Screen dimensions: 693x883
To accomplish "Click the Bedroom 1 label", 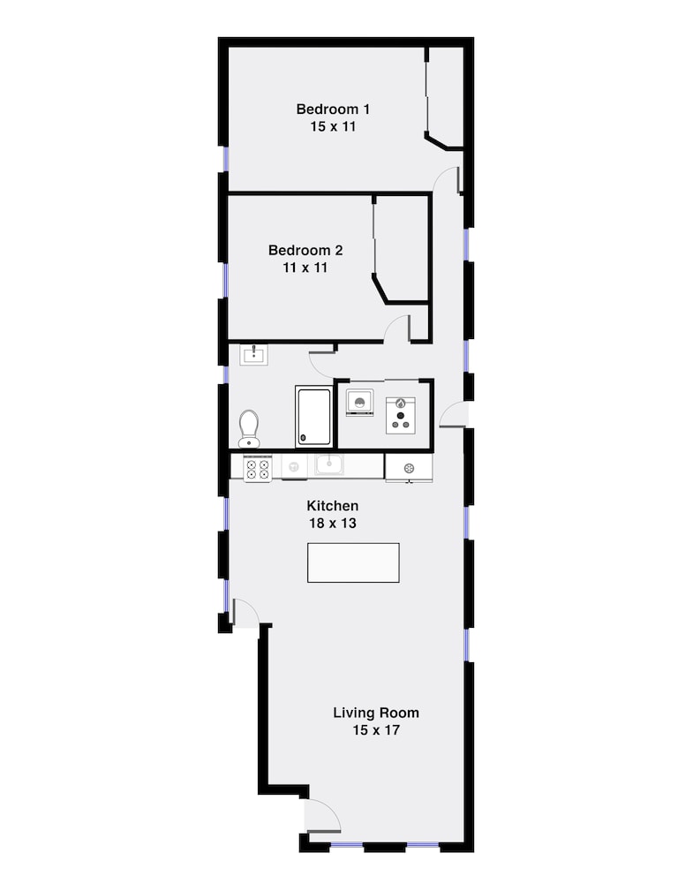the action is tap(333, 109).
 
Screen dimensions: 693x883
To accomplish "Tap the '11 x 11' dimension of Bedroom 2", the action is tap(305, 268).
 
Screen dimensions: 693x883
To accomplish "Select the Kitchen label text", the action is tap(332, 506).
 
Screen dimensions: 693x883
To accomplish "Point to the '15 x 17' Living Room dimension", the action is tap(376, 730).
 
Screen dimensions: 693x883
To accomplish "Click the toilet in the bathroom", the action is tap(249, 428).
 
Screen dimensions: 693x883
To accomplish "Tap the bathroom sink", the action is tap(254, 355).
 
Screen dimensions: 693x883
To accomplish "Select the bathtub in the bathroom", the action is tap(313, 416).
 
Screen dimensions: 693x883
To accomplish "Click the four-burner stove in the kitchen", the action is tap(257, 469).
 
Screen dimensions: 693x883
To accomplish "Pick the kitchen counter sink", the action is tap(328, 465).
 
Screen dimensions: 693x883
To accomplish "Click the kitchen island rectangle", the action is tap(353, 562).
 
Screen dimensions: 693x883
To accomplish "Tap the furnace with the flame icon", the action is tap(401, 416).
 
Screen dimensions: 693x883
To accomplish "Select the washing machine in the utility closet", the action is tap(359, 403).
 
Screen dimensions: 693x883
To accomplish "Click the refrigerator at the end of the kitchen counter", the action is tap(409, 468).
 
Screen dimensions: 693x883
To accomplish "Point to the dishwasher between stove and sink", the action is tap(294, 467).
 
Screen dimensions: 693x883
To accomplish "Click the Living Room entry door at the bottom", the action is tap(323, 815).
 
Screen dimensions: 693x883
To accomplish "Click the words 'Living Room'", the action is tap(376, 713).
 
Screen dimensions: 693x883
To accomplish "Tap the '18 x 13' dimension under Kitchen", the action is tap(332, 523).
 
